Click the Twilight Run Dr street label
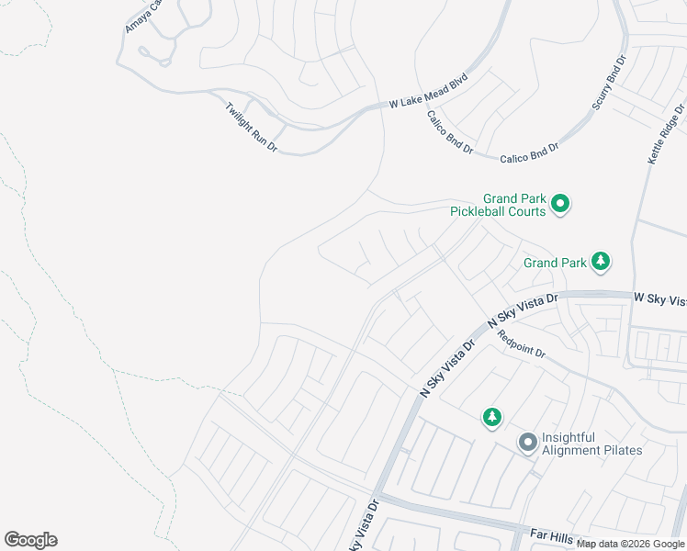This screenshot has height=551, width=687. (x=251, y=127)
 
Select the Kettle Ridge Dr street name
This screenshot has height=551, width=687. (x=666, y=134)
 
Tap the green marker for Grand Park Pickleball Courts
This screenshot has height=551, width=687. (x=561, y=204)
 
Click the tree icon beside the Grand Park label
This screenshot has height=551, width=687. (x=601, y=262)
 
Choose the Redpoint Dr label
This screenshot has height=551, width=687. (x=522, y=345)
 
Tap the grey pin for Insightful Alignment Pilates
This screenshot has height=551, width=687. (x=527, y=444)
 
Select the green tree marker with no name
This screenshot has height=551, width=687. (x=492, y=418)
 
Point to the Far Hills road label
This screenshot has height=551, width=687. (x=557, y=534)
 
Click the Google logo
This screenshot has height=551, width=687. (x=30, y=540)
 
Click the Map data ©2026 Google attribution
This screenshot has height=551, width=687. (x=631, y=544)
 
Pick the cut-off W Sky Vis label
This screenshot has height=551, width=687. (x=659, y=299)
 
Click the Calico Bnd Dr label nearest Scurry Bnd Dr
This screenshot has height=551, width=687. (x=529, y=152)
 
